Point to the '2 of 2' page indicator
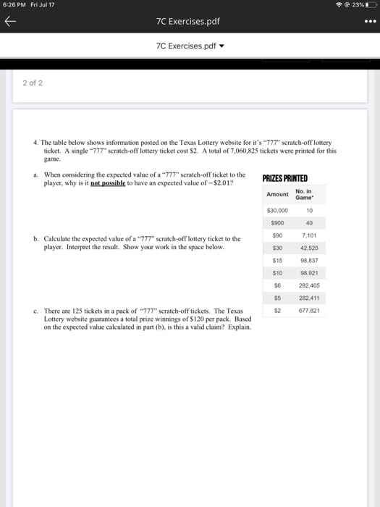[32, 83]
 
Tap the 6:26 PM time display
[14, 6]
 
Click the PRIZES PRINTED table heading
[284, 178]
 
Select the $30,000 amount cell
[277, 210]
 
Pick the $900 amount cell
[277, 223]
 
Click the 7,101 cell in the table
[309, 235]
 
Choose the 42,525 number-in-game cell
[309, 248]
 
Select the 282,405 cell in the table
[309, 286]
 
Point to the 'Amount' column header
[277, 194]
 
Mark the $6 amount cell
[277, 286]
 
